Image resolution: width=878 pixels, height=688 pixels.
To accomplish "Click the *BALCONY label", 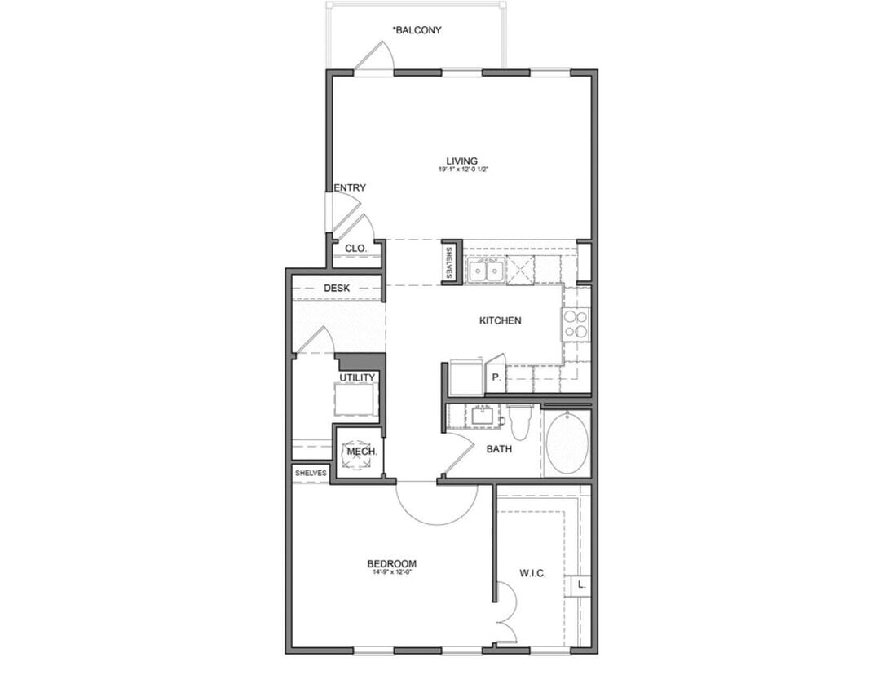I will coord(417,30).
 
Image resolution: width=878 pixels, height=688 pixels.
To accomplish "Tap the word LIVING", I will coord(461,161).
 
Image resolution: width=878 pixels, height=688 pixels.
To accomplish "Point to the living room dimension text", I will coord(461,170).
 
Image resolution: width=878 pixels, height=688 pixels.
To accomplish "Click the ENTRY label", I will coord(350,188).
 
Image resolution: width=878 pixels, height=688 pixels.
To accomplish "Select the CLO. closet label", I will coord(355,248).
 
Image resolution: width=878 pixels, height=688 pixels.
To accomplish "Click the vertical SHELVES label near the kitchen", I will coord(449,262).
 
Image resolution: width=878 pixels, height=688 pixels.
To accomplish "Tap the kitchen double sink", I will coord(486,269).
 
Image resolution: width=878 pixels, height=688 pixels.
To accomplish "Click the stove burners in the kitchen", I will coord(576,324).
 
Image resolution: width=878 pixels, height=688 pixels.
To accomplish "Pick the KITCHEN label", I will coord(500,320).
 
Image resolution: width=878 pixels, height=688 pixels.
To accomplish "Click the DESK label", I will coord(337,288).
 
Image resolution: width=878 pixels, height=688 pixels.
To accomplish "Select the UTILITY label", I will coord(357,377).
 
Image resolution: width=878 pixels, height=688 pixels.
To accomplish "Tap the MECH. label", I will coord(360,452).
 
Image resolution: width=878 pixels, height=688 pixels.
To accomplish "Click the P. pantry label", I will coord(496,377).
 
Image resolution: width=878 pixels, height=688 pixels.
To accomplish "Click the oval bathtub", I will coord(567,443).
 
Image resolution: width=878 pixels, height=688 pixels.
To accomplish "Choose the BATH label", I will coord(499,448).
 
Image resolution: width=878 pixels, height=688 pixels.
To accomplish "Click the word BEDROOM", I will coord(391,563).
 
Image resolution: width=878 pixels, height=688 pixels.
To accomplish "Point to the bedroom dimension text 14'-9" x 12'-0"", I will coord(391,573).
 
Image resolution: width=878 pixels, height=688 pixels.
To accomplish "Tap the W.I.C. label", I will coord(532,573).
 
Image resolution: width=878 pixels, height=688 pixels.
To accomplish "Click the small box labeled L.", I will coord(580,584).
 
